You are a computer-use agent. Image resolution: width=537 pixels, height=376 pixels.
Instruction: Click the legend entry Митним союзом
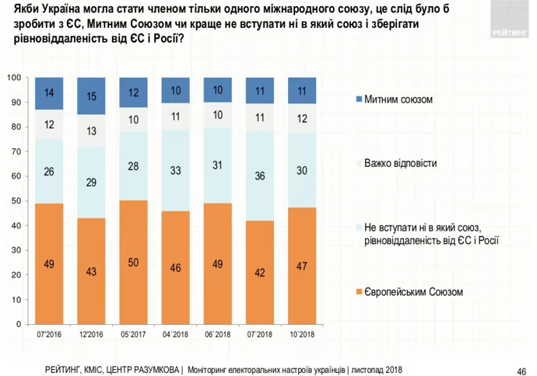[x=398, y=100]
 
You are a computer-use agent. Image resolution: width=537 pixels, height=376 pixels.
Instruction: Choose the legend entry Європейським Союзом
[x=412, y=292]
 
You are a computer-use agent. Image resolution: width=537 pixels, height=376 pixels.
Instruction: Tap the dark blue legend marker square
[x=358, y=100]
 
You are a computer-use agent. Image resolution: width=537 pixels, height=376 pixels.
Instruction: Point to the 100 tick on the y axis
[x=15, y=78]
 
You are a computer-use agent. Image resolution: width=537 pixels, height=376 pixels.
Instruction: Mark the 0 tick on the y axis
[x=19, y=324]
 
